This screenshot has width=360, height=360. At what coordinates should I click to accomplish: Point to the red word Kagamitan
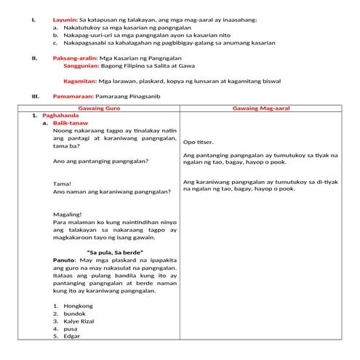[x=80, y=81]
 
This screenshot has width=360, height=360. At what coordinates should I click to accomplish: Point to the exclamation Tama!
[x=63, y=184]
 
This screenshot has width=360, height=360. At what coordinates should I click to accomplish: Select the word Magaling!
[x=68, y=215]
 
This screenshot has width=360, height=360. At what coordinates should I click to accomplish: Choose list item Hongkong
[x=78, y=306]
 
